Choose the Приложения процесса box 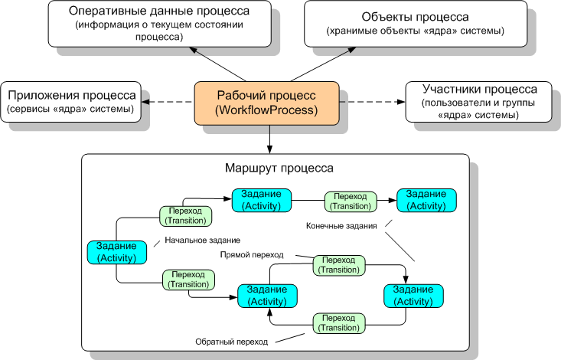pyautogui.click(x=72, y=102)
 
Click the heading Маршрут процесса pyautogui.click(x=277, y=167)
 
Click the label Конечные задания pyautogui.click(x=342, y=227)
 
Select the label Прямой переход pyautogui.click(x=252, y=254)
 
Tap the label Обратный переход pyautogui.click(x=231, y=341)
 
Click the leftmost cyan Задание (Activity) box pyautogui.click(x=117, y=252)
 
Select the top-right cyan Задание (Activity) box pyautogui.click(x=427, y=201)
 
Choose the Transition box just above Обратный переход pyautogui.click(x=338, y=322)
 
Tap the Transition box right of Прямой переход pyautogui.click(x=338, y=265)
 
